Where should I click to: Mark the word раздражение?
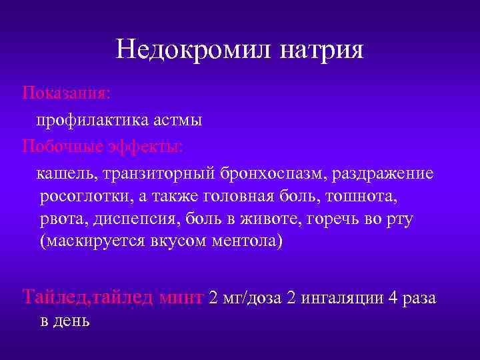(379, 174)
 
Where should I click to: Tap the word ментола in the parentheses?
(250, 241)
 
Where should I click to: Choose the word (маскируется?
(86, 241)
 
